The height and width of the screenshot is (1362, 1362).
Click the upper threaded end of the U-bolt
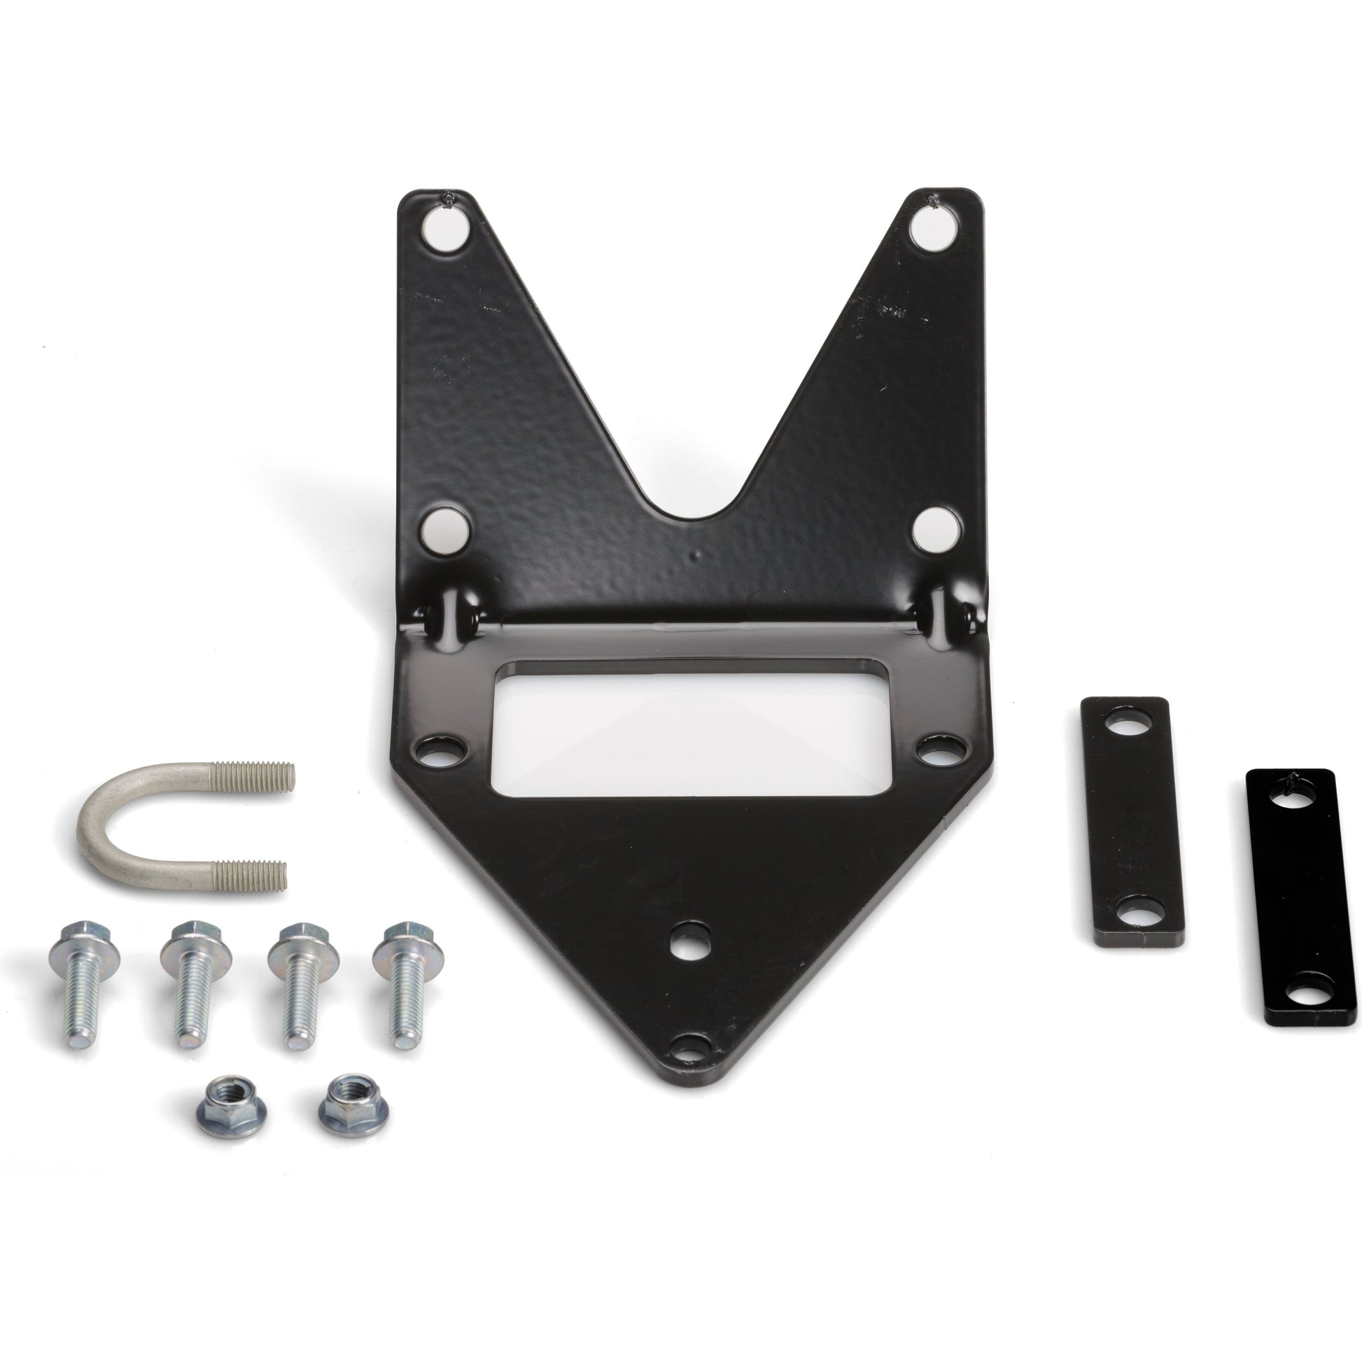(x=262, y=776)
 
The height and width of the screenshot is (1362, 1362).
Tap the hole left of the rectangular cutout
(x=442, y=751)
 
